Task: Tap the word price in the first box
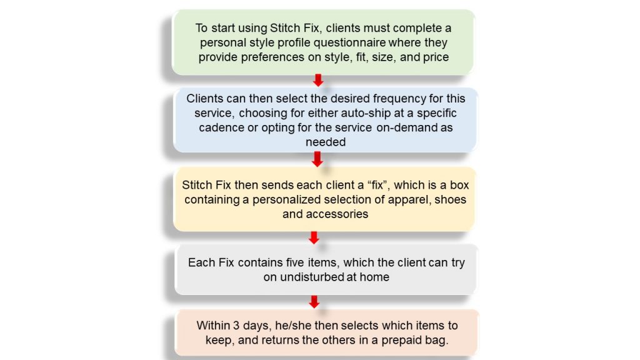pos(436,57)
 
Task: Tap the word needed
pos(326,142)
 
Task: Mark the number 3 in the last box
pos(236,326)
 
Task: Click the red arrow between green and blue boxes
pos(318,80)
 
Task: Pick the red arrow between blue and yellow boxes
pos(317,159)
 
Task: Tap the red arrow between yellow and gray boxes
pos(314,237)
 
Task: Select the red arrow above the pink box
pos(314,302)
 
